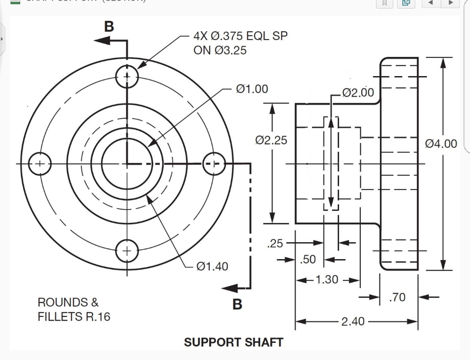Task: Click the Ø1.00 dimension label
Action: click(x=252, y=89)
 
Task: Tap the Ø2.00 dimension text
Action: click(x=358, y=93)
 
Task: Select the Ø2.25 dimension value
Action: click(x=271, y=140)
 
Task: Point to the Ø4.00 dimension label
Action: click(x=442, y=144)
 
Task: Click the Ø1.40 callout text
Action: click(x=212, y=266)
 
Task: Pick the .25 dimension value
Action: click(x=275, y=243)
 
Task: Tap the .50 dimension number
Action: click(x=308, y=260)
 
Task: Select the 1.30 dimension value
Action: click(x=327, y=279)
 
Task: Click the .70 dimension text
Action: click(x=397, y=297)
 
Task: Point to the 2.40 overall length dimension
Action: click(x=353, y=321)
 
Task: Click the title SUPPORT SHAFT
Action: click(x=233, y=342)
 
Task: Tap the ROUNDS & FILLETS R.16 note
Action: click(x=74, y=310)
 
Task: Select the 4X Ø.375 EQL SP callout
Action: click(x=241, y=43)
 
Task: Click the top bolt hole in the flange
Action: click(x=126, y=76)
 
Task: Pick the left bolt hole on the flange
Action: click(x=40, y=163)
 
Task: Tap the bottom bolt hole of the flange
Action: click(x=126, y=250)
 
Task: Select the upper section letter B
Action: click(x=109, y=27)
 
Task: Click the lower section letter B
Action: click(x=237, y=304)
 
